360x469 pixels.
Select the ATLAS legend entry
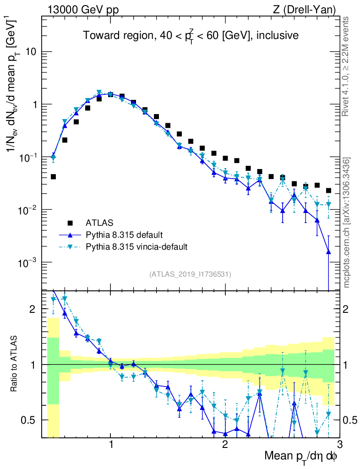[x=98, y=223]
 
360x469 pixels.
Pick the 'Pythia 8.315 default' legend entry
[x=124, y=235]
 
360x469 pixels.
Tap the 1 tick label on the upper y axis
[x=33, y=104]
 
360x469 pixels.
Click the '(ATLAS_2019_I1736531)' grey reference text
[x=190, y=274]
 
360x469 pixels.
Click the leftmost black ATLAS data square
[x=53, y=176]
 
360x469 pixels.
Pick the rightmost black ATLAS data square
[x=328, y=191]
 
